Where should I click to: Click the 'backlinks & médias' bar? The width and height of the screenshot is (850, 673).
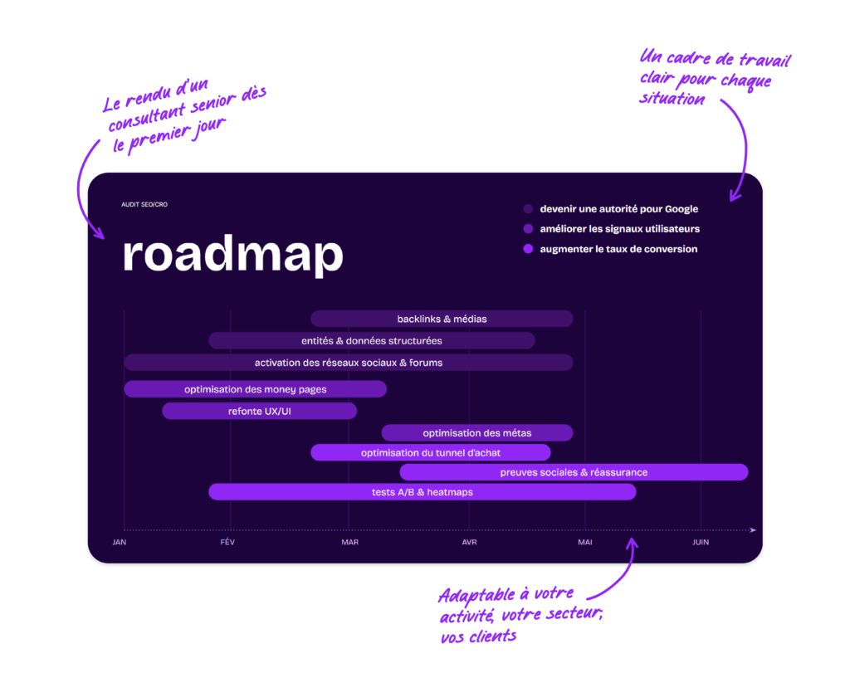442,319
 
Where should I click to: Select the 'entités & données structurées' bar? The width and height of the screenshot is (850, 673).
372,341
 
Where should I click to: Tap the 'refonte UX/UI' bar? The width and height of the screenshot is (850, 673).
259,412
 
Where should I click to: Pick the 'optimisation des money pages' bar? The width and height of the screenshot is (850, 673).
256,389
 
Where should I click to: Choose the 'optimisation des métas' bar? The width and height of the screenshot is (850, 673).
477,433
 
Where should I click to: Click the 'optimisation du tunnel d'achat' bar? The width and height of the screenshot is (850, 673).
431,452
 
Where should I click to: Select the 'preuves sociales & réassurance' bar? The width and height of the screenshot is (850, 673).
574,472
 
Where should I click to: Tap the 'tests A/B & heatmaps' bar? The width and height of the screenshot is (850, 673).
423,492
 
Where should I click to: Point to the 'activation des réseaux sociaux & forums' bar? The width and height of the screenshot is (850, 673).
349,363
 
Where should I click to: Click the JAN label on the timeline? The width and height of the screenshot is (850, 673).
120,542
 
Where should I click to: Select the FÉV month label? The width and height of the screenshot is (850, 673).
227,542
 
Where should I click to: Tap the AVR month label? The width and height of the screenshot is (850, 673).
470,542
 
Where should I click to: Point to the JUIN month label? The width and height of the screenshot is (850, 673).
701,542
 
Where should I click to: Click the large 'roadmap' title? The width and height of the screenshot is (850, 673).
233,254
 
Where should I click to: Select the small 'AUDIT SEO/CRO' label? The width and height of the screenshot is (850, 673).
144,204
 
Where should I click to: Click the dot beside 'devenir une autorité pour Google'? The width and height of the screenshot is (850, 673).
528,208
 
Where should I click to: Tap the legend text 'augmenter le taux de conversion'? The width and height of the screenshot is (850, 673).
618,249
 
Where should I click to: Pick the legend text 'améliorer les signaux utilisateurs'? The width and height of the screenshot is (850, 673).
619,229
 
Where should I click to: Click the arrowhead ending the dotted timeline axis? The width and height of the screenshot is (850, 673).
752,530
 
